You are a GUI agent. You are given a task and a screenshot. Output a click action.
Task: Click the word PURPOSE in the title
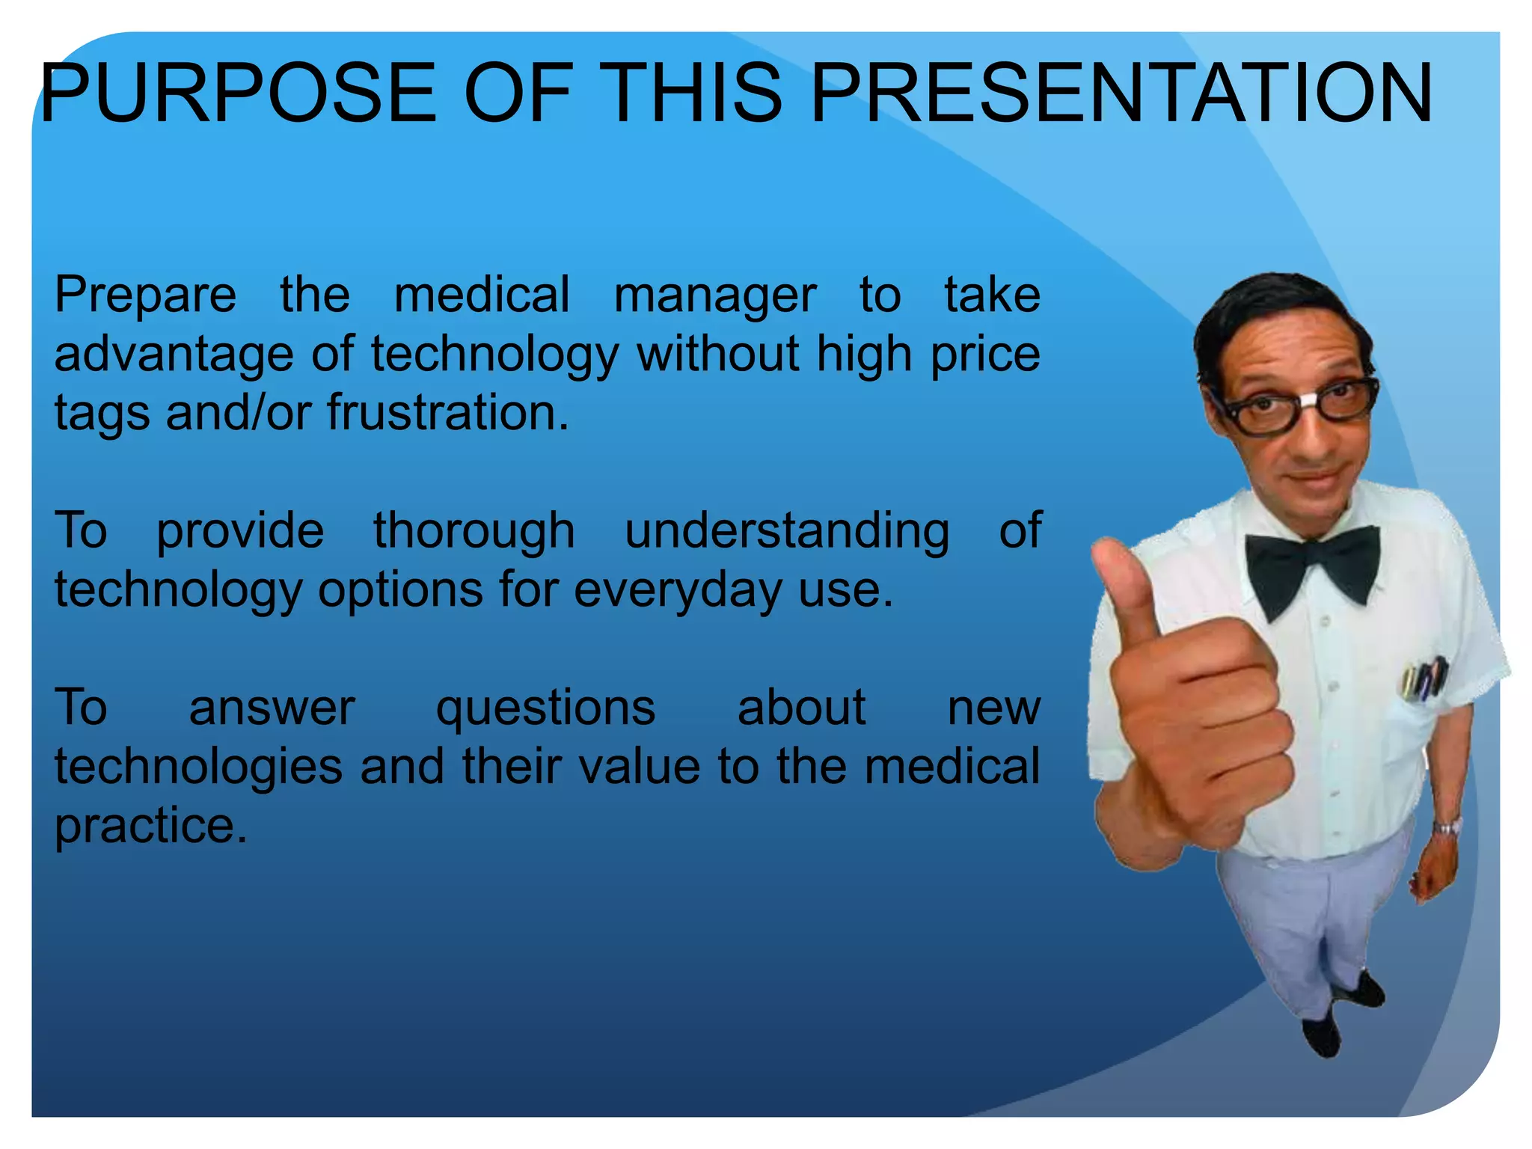237,94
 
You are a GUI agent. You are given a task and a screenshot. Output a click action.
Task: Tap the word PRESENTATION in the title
1122,94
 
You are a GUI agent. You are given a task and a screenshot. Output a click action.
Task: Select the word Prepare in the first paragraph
145,295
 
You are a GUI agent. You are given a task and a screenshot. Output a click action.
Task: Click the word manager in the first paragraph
714,295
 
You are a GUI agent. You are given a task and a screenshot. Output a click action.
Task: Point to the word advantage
174,355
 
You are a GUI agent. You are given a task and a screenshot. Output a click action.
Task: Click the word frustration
447,413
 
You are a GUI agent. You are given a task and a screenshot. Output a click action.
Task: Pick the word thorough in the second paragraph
474,532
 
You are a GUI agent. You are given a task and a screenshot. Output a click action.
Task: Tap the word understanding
787,532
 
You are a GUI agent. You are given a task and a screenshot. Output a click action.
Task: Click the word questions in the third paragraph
545,708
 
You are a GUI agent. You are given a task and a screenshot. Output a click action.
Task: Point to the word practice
150,827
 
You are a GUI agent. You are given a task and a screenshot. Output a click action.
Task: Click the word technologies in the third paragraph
198,767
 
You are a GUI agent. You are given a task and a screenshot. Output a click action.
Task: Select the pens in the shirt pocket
1425,677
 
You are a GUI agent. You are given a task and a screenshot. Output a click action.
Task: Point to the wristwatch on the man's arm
1447,827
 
